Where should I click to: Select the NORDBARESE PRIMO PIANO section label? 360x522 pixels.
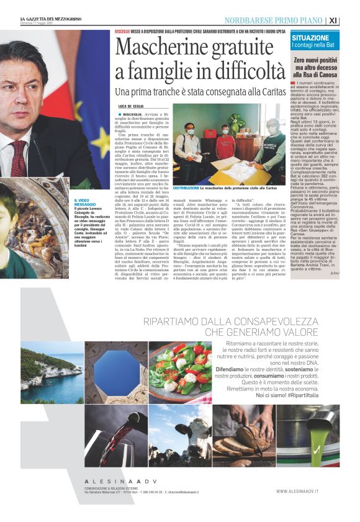[x=273, y=20]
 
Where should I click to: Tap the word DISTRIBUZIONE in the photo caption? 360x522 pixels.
[x=186, y=187]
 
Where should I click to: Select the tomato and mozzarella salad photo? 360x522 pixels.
[x=181, y=372]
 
